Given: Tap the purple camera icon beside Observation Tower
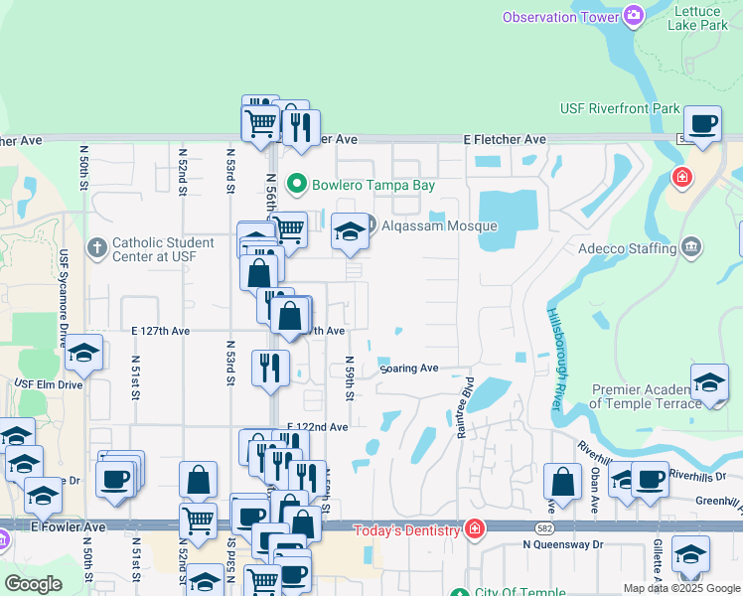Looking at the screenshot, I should tap(633, 15).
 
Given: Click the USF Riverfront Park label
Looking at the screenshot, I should tap(620, 108).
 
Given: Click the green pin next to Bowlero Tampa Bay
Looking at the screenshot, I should tap(296, 185).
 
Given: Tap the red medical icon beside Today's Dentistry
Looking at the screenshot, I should tap(476, 528).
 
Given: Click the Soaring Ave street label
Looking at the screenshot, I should tap(409, 369).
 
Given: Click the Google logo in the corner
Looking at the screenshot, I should tap(33, 584).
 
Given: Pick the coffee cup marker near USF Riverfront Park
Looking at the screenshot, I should tap(703, 125).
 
